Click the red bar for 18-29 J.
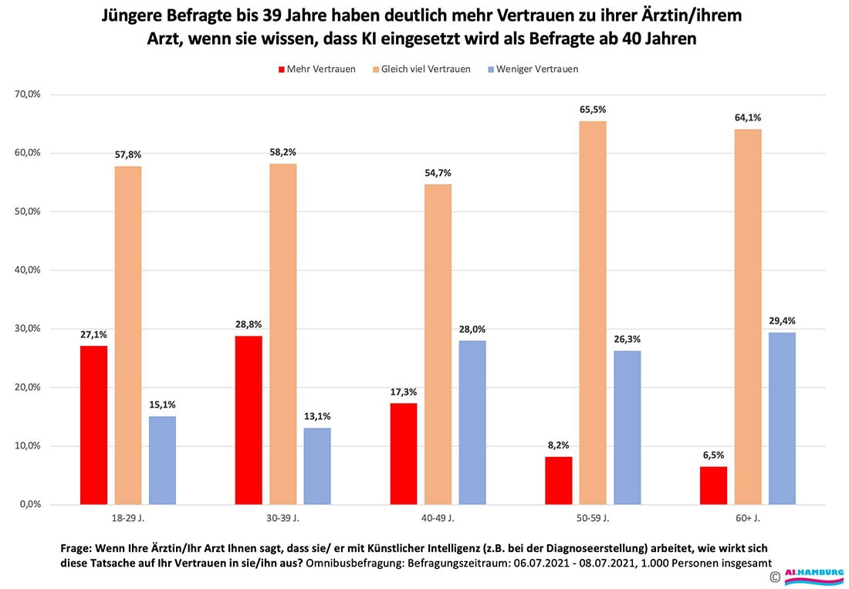(x=93, y=425)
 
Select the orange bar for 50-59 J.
(x=593, y=313)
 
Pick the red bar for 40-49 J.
(x=403, y=454)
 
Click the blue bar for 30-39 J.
(x=317, y=466)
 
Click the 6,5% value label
(x=713, y=456)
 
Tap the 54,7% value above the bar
(x=438, y=174)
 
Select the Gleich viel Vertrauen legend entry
(x=425, y=69)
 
